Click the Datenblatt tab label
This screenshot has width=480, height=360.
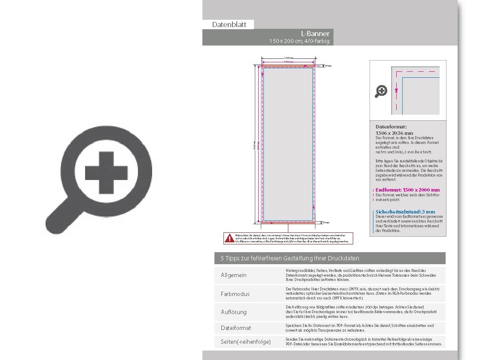point(229,24)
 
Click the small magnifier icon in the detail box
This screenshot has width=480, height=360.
point(381,91)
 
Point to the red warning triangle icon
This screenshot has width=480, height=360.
point(229,238)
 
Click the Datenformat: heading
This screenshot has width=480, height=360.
point(391,127)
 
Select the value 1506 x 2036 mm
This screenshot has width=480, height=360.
point(394,133)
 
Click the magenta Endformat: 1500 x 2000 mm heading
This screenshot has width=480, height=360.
point(407,189)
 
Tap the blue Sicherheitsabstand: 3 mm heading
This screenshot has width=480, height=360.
point(405,212)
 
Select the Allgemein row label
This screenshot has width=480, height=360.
point(234,275)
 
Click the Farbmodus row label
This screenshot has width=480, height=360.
point(235,294)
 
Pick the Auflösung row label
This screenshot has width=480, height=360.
point(234,312)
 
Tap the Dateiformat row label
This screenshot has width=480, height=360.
point(236,328)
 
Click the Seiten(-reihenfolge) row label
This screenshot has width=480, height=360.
point(246,342)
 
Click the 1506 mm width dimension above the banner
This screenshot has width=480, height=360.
point(289,58)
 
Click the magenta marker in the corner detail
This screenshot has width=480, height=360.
point(397,90)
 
